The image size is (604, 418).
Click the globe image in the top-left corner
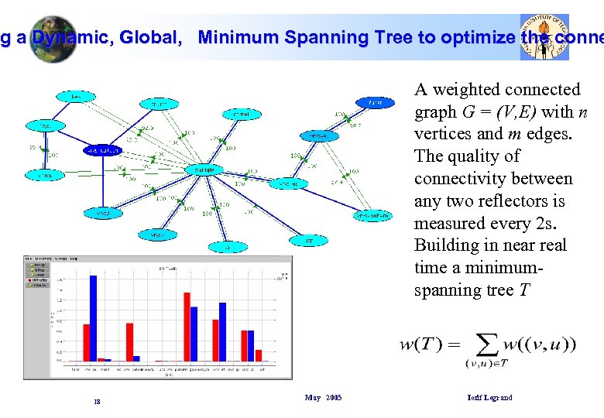[x=50, y=37]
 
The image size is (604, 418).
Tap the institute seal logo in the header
[x=544, y=36]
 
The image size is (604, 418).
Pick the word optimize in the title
[x=467, y=37]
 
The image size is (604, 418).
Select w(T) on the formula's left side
[x=420, y=344]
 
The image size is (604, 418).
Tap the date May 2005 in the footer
[x=323, y=398]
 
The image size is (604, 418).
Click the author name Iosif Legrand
[x=489, y=398]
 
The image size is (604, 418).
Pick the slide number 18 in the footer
[x=97, y=402]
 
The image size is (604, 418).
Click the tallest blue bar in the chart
[x=93, y=317]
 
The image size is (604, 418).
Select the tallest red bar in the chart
[x=187, y=326]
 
